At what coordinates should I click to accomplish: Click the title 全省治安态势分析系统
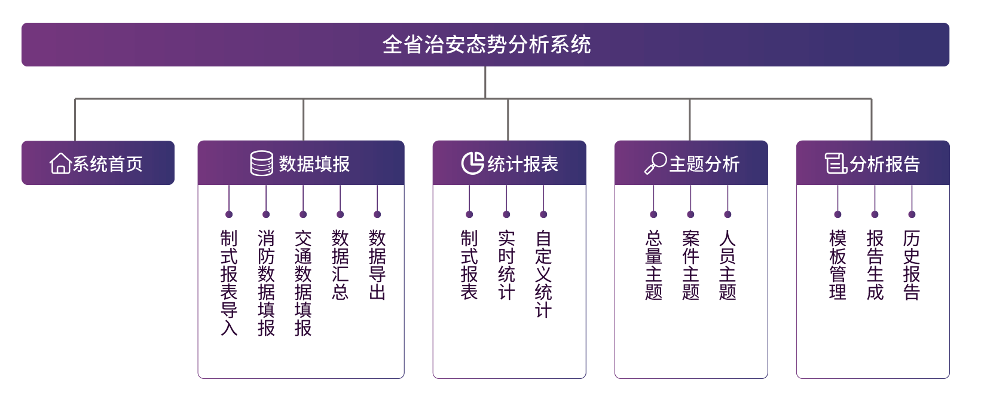(x=487, y=45)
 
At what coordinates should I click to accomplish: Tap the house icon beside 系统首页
(x=60, y=163)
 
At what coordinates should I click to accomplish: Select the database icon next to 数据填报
(x=261, y=163)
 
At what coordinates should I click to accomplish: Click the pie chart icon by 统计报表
(x=472, y=163)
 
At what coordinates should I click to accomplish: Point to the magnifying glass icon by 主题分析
(x=656, y=163)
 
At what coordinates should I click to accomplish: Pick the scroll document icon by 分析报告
(x=836, y=163)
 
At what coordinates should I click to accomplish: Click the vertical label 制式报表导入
(x=229, y=283)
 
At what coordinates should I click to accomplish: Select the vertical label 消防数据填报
(x=266, y=283)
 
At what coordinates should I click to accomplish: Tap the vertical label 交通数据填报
(x=303, y=283)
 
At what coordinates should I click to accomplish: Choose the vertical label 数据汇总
(x=340, y=265)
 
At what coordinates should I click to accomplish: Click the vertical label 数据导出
(x=377, y=265)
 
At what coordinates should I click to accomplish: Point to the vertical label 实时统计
(x=506, y=265)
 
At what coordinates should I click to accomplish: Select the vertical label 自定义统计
(x=543, y=274)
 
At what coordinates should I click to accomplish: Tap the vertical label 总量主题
(x=653, y=265)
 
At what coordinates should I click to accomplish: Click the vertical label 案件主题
(x=690, y=265)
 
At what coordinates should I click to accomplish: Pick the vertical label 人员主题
(x=728, y=265)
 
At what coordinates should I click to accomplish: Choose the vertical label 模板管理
(x=838, y=265)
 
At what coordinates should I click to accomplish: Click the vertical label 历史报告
(x=912, y=265)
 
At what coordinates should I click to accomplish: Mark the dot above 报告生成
(x=875, y=214)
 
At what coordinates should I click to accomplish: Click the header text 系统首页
(x=108, y=164)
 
